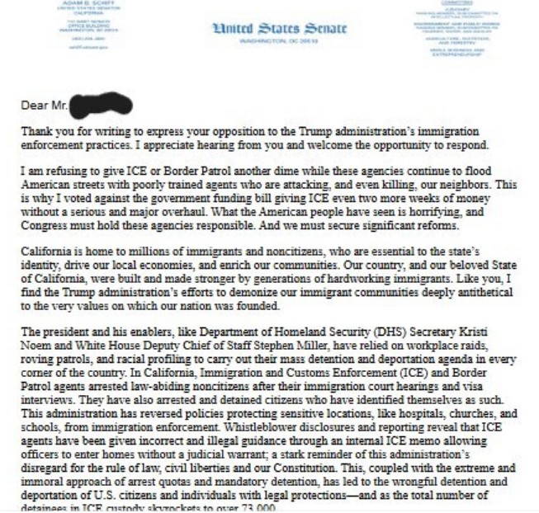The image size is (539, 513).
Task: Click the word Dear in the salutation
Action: tap(35, 106)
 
